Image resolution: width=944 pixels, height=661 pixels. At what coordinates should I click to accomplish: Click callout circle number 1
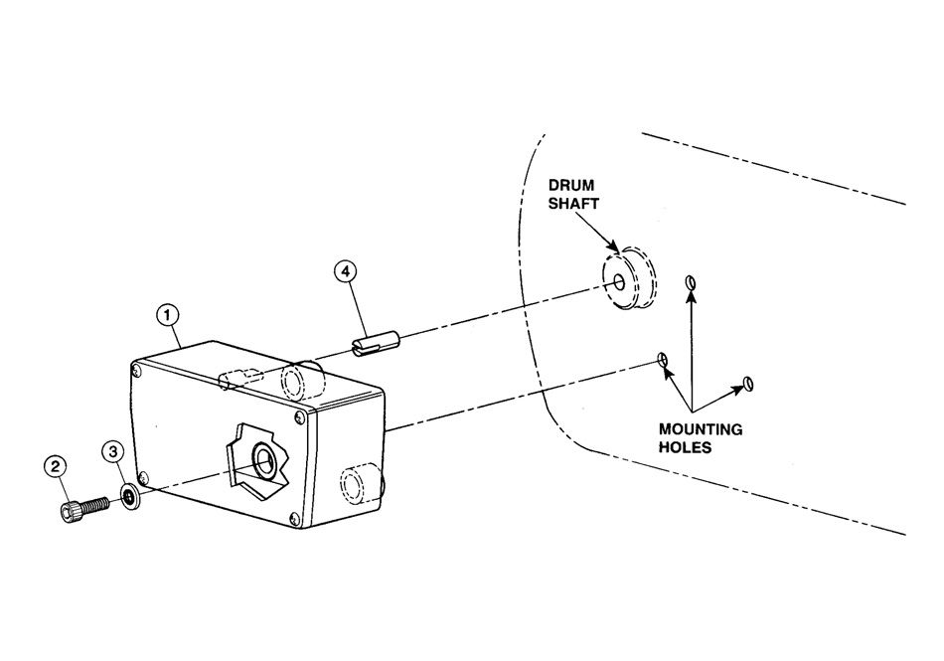click(169, 314)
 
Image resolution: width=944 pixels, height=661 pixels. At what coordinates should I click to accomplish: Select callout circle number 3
click(115, 452)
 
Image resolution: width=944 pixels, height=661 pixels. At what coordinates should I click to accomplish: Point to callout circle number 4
click(345, 271)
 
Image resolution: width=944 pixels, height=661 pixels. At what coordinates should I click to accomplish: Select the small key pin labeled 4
click(375, 344)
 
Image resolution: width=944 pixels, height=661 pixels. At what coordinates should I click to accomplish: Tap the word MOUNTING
click(701, 429)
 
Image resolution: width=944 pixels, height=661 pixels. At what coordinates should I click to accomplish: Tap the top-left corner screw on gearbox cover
click(137, 371)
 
